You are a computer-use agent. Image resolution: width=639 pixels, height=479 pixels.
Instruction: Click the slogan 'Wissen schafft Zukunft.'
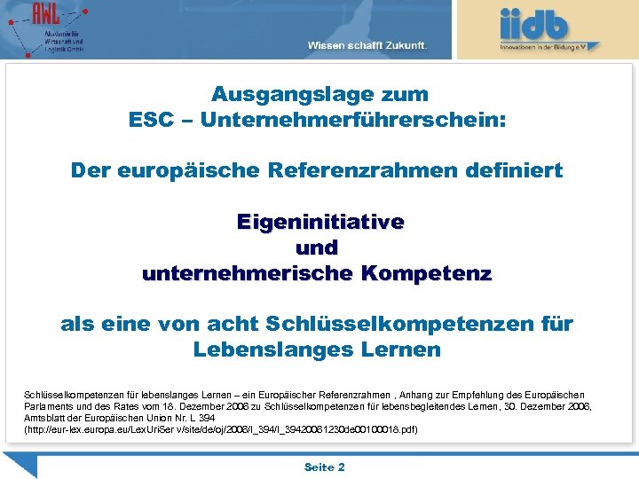tap(367, 45)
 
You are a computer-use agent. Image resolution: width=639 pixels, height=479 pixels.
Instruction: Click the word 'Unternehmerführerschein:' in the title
tap(353, 120)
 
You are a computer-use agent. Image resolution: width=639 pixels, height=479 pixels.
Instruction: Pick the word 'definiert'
tap(515, 170)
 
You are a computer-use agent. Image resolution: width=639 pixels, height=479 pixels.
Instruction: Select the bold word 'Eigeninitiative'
tap(319, 222)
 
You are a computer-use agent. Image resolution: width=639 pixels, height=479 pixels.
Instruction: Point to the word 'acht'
tap(230, 325)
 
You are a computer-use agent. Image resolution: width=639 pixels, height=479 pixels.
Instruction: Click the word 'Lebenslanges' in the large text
tap(265, 349)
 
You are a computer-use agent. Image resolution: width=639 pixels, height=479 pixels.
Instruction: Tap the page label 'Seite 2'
tap(324, 467)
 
